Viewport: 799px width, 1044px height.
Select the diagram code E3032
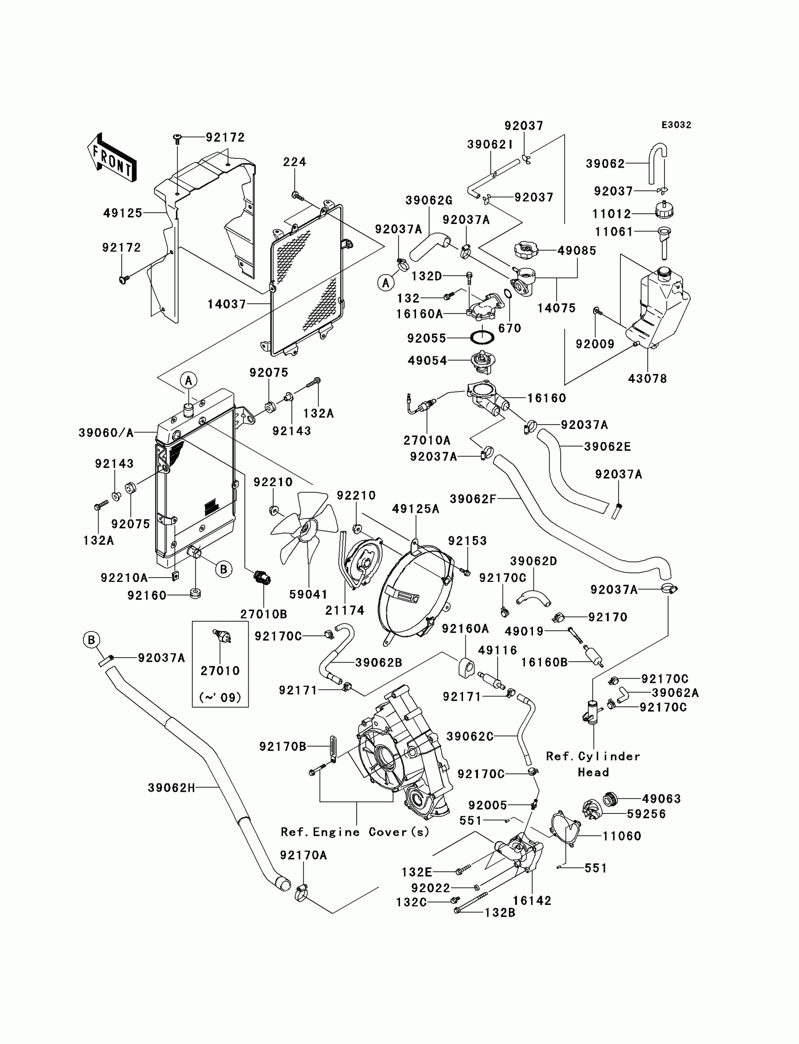point(676,125)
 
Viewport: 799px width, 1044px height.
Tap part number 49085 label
point(576,250)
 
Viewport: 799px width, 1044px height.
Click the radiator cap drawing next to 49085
point(525,249)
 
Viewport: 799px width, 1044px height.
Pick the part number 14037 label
point(227,304)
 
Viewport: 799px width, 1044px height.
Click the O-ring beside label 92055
point(482,337)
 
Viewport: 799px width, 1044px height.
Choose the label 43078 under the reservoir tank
point(647,379)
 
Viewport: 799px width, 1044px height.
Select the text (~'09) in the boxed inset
point(220,697)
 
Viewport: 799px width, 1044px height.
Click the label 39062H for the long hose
point(171,788)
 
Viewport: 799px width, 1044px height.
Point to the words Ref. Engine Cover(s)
point(355,832)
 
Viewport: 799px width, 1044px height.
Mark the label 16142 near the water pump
point(532,900)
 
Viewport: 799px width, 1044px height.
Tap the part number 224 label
point(294,162)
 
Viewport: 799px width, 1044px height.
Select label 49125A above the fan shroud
point(415,509)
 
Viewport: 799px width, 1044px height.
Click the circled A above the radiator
point(189,380)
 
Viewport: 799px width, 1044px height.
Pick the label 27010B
point(264,614)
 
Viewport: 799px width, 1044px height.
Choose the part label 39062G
point(429,201)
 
